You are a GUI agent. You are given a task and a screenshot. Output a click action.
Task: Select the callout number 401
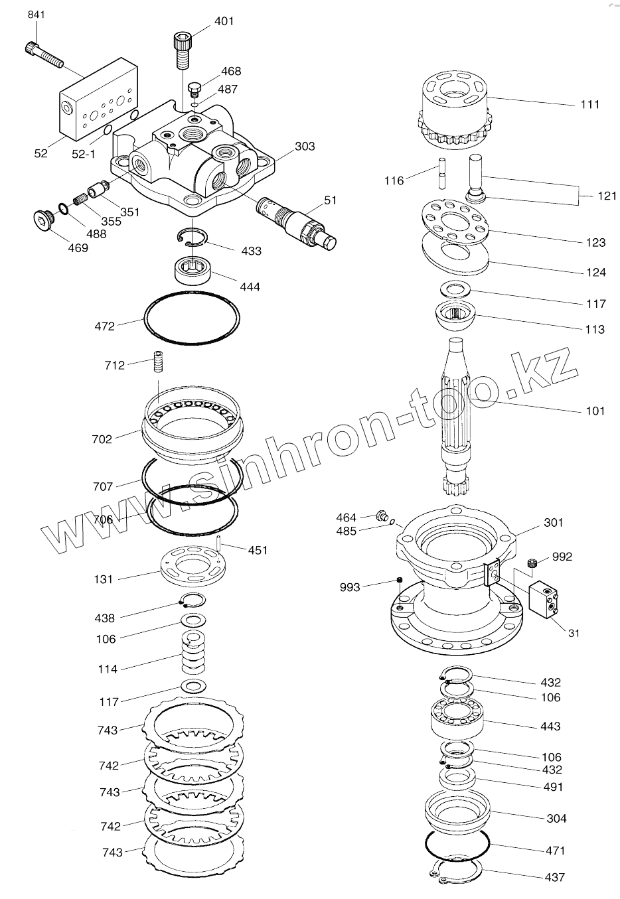point(224,21)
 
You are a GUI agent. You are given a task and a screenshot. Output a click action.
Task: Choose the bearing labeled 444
point(193,271)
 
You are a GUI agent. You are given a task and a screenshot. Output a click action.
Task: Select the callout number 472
point(105,326)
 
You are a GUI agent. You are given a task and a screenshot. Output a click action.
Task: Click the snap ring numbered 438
point(193,600)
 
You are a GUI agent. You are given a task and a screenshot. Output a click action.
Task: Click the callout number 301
point(553,522)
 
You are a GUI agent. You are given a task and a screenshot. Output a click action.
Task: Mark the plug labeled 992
point(532,563)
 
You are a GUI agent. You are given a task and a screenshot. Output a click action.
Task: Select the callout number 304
point(556,818)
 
